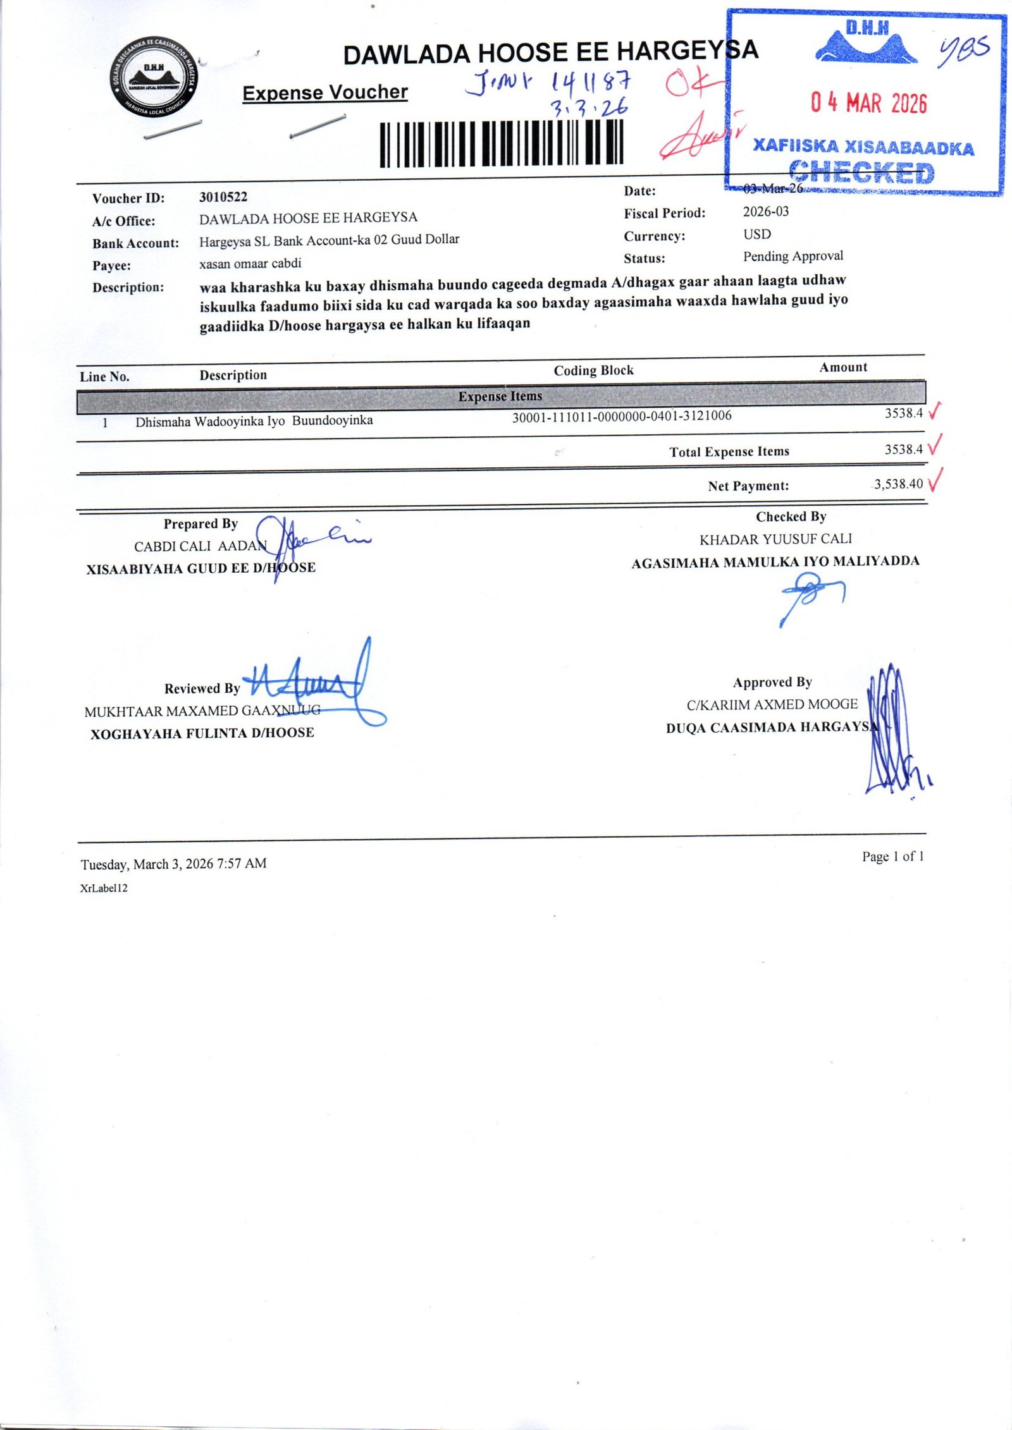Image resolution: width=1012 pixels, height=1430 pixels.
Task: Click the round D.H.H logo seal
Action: [x=154, y=78]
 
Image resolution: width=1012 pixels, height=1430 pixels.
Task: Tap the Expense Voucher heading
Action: [x=324, y=93]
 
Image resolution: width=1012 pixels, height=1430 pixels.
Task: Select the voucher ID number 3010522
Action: [x=223, y=197]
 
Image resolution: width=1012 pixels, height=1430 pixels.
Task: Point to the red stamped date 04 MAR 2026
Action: [x=869, y=102]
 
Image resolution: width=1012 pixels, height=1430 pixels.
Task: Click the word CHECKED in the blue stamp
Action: [x=861, y=172]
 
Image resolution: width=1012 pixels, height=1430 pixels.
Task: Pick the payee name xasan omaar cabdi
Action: [x=250, y=264]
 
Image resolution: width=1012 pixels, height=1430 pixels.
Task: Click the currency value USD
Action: [x=757, y=235]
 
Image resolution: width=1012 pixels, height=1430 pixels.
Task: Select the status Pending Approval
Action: [x=793, y=256]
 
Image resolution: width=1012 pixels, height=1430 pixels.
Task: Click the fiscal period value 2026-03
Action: [x=766, y=212]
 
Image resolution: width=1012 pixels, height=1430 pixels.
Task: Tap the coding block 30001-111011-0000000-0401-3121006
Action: [x=622, y=416]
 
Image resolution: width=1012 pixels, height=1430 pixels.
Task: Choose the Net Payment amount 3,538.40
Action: [x=898, y=484]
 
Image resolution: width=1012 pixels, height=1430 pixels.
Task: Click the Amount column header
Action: [x=843, y=367]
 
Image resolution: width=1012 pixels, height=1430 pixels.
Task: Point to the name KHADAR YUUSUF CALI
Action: [x=775, y=539]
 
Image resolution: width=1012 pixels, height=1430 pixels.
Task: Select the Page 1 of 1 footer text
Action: [x=892, y=857]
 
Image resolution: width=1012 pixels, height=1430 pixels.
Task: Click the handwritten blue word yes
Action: [x=963, y=51]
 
